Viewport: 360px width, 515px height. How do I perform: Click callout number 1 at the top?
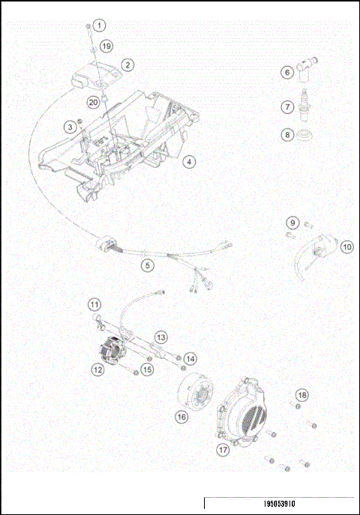point(100,25)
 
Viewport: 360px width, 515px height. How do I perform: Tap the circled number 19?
point(106,46)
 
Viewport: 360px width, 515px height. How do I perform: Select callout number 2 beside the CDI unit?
point(128,65)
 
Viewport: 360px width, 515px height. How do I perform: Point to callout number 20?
point(93,100)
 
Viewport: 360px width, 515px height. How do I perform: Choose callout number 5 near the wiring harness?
point(148,264)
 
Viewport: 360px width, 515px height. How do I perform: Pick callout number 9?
point(293,223)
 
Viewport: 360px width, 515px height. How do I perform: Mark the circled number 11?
point(94,304)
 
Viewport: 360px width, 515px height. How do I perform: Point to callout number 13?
point(161,337)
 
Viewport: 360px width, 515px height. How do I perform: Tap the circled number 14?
point(190,359)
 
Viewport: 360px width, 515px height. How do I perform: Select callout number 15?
point(147,369)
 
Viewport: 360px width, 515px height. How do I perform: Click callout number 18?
point(301,394)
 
